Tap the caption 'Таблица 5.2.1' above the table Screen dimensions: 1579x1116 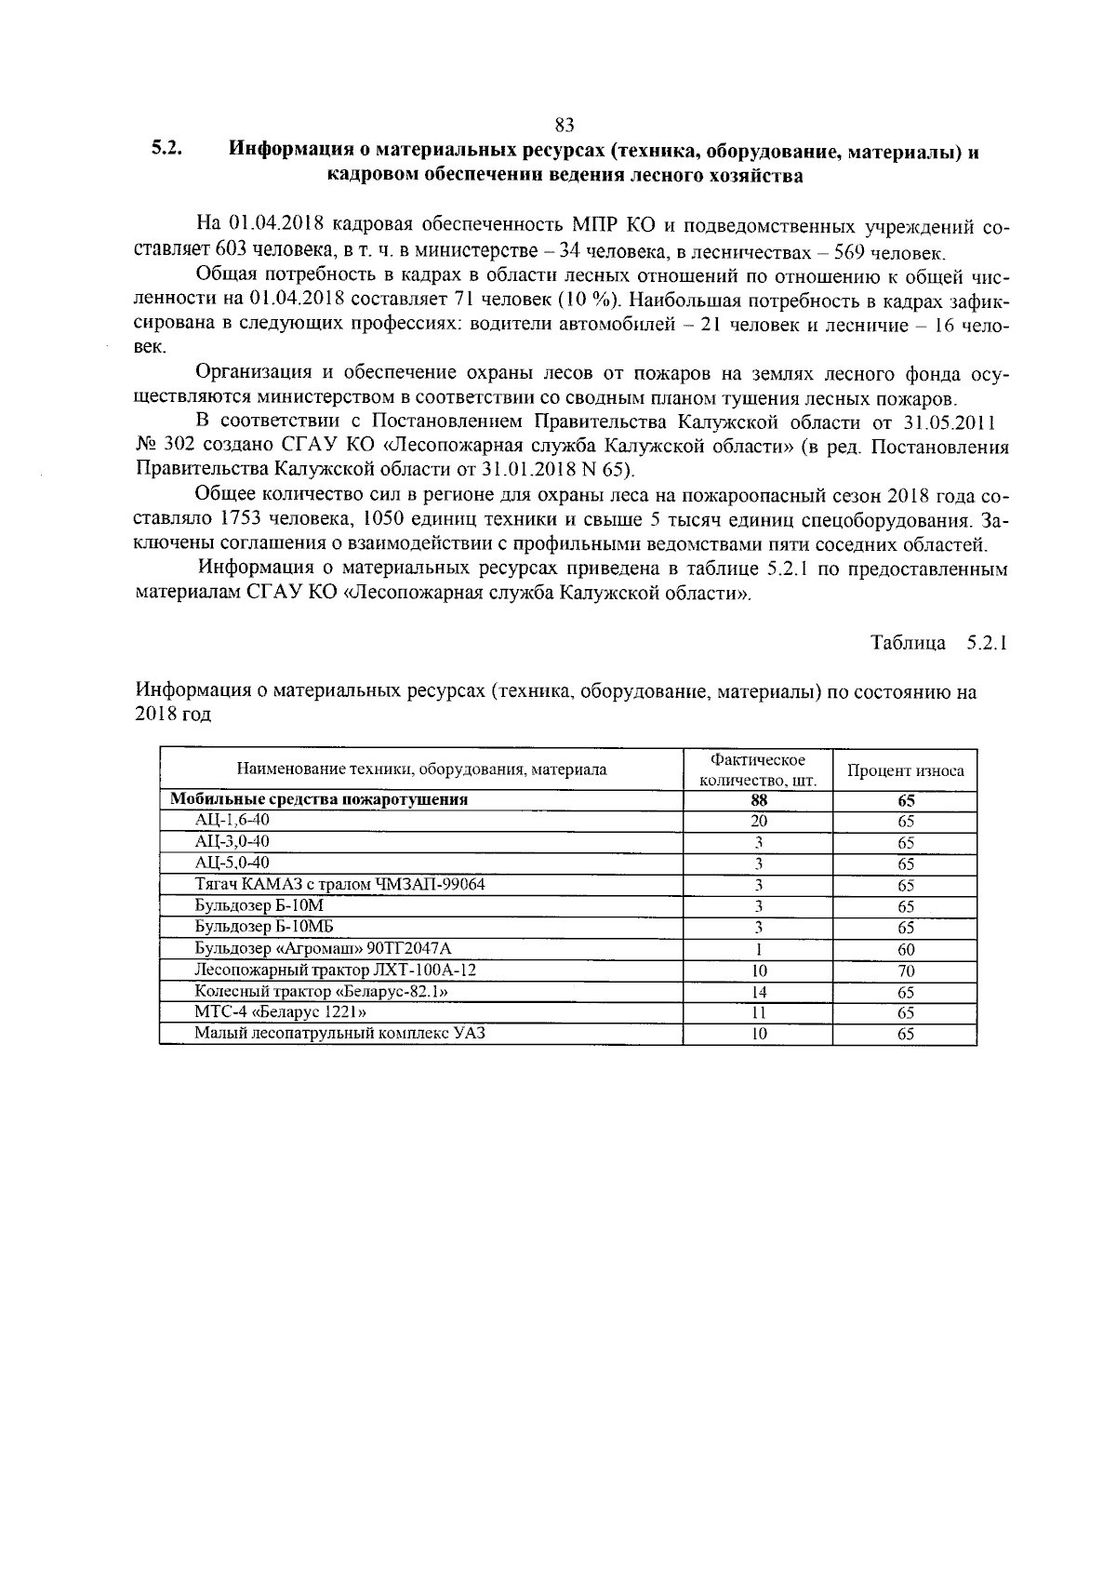click(939, 643)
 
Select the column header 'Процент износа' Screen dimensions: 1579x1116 click(905, 770)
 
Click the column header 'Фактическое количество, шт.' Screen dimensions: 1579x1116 click(758, 770)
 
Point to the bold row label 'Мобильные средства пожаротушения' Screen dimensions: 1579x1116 click(318, 799)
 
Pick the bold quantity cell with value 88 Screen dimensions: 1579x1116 click(758, 800)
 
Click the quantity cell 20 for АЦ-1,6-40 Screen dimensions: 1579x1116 click(758, 821)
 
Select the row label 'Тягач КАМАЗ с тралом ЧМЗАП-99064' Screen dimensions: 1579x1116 click(339, 885)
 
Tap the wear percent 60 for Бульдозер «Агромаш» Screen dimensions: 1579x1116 click(906, 949)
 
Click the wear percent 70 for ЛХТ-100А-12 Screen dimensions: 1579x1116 click(906, 970)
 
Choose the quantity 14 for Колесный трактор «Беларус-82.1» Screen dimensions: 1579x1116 click(758, 992)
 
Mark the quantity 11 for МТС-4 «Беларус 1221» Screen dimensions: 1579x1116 click(758, 1012)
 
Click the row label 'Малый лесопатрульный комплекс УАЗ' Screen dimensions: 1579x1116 click(340, 1033)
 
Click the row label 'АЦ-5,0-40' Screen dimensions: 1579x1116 click(232, 863)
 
